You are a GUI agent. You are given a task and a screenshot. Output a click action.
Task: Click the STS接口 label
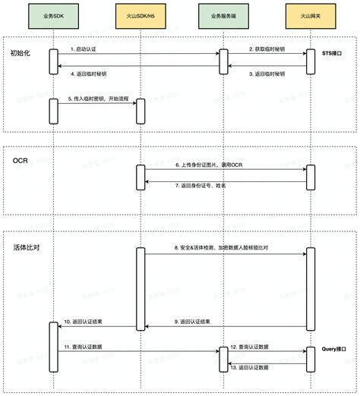point(333,52)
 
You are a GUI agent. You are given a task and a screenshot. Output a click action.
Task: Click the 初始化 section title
point(21,53)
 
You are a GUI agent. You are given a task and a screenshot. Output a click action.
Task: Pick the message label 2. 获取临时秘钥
point(267,49)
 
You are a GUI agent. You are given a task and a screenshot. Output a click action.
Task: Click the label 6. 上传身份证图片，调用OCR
point(209,164)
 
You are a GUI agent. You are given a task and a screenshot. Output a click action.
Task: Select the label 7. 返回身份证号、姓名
point(201,186)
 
